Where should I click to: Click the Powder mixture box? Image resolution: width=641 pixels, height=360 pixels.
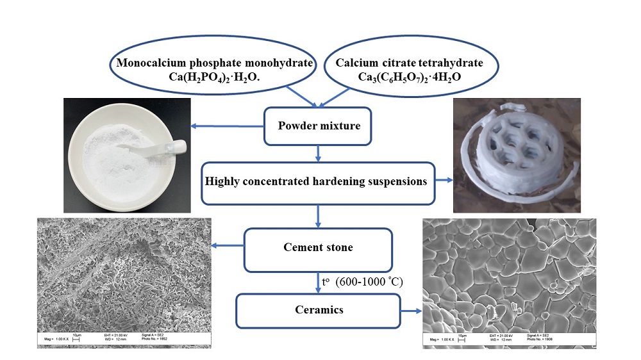319,126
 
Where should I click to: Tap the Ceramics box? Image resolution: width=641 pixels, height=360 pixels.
318,311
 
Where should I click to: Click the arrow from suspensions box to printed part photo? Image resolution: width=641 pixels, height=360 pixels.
443,182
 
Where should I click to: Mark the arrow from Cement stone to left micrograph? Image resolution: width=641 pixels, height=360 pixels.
228,246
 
